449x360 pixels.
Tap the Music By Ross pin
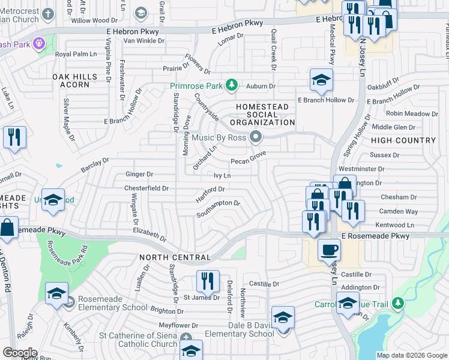256,139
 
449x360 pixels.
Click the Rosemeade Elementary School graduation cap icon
57,294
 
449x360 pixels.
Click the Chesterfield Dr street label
146,188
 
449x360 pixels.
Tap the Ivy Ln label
222,176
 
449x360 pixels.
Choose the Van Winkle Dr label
143,41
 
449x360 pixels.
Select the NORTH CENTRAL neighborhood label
175,257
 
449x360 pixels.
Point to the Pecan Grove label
249,161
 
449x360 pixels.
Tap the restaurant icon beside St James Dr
207,281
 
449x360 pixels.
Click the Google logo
20,353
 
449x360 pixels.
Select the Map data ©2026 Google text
411,355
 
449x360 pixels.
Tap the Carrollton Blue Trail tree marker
397,304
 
